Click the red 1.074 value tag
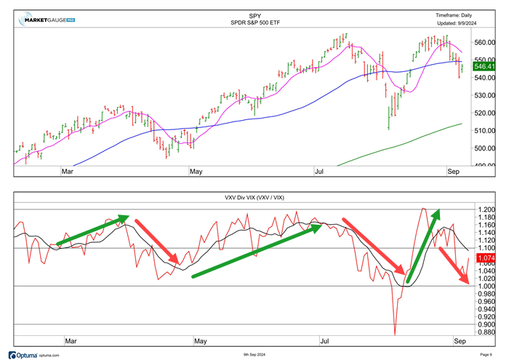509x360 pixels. [x=484, y=258]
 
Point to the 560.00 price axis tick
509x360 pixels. [x=484, y=42]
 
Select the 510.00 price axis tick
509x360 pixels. [x=484, y=131]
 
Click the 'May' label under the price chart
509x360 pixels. [x=196, y=172]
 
